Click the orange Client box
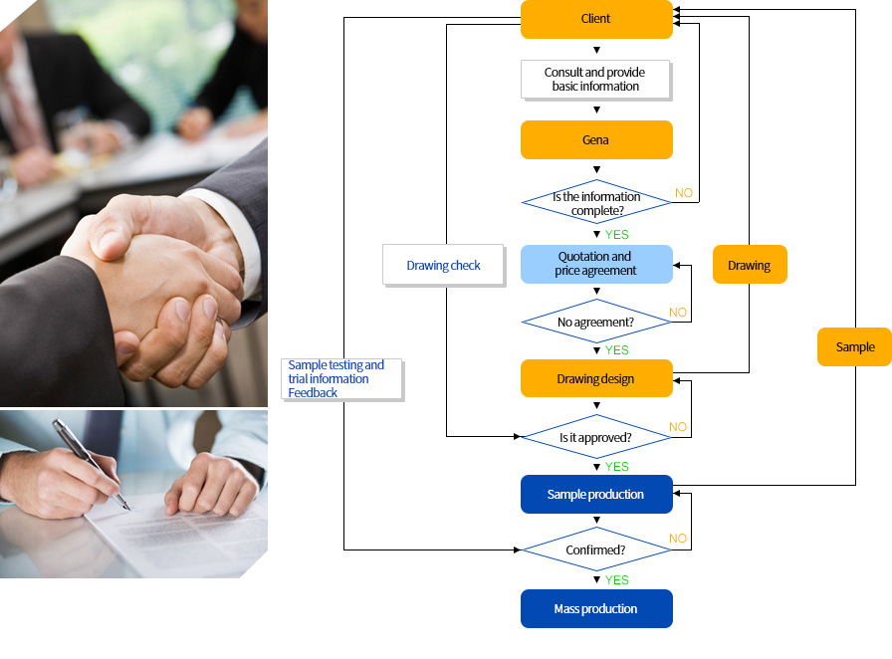pyautogui.click(x=596, y=19)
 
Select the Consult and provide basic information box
pyautogui.click(x=596, y=80)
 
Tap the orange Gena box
pyautogui.click(x=596, y=140)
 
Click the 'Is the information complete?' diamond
pyautogui.click(x=596, y=202)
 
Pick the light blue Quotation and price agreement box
pyautogui.click(x=596, y=264)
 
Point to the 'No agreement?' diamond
pyautogui.click(x=596, y=322)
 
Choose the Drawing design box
pyautogui.click(x=596, y=378)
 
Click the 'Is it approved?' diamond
pyautogui.click(x=596, y=437)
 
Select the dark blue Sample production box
pyautogui.click(x=596, y=494)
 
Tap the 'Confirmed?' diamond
pyautogui.click(x=596, y=549)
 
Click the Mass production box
pyautogui.click(x=596, y=608)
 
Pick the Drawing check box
pyautogui.click(x=444, y=265)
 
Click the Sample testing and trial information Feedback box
pyautogui.click(x=341, y=379)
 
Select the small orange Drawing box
pyautogui.click(x=750, y=265)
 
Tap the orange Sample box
pyautogui.click(x=854, y=346)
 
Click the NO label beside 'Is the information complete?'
pyautogui.click(x=684, y=193)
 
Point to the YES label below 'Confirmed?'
pyautogui.click(x=616, y=580)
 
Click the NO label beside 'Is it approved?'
pyautogui.click(x=678, y=427)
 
